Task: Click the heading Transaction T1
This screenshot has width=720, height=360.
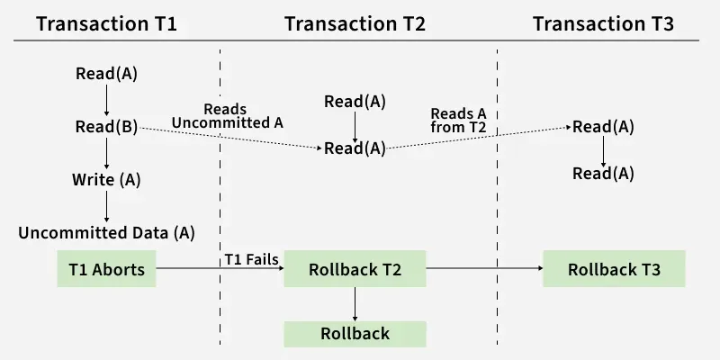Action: [106, 22]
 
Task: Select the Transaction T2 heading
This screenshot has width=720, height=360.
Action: [355, 22]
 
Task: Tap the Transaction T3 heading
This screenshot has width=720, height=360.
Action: [603, 22]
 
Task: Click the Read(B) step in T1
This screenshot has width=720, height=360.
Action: [106, 127]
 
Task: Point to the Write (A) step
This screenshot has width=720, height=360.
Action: [106, 179]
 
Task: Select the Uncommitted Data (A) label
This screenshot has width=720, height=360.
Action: [106, 232]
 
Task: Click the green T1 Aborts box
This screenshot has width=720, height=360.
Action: [106, 268]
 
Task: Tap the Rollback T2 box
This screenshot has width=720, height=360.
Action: [355, 268]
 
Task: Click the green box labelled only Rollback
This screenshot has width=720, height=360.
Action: [355, 333]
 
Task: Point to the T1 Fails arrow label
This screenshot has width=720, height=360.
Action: [251, 260]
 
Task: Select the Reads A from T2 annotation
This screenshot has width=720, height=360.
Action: [459, 121]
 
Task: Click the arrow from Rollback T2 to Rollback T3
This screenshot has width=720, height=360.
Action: [483, 268]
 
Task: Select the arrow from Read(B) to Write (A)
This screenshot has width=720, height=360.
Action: [106, 153]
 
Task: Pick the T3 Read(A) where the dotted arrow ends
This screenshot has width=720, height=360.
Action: [603, 127]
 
